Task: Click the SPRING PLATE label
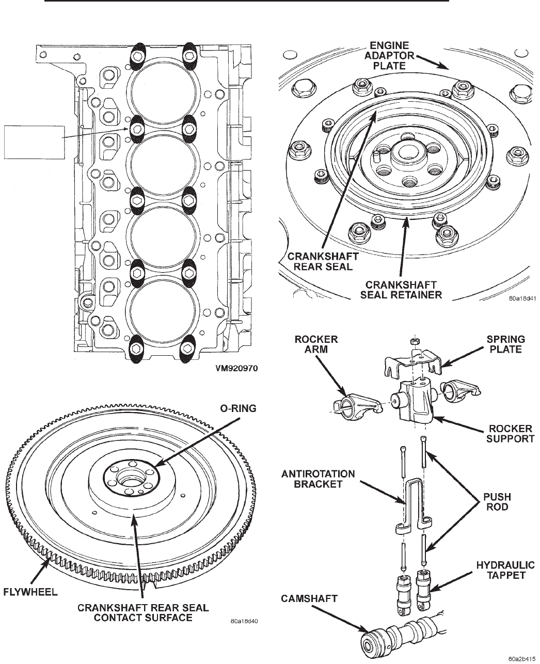click(506, 344)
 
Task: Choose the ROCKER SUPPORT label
click(510, 434)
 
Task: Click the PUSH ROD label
click(497, 502)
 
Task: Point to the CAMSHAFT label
click(309, 598)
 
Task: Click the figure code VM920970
click(237, 369)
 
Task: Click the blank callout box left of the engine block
click(34, 142)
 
